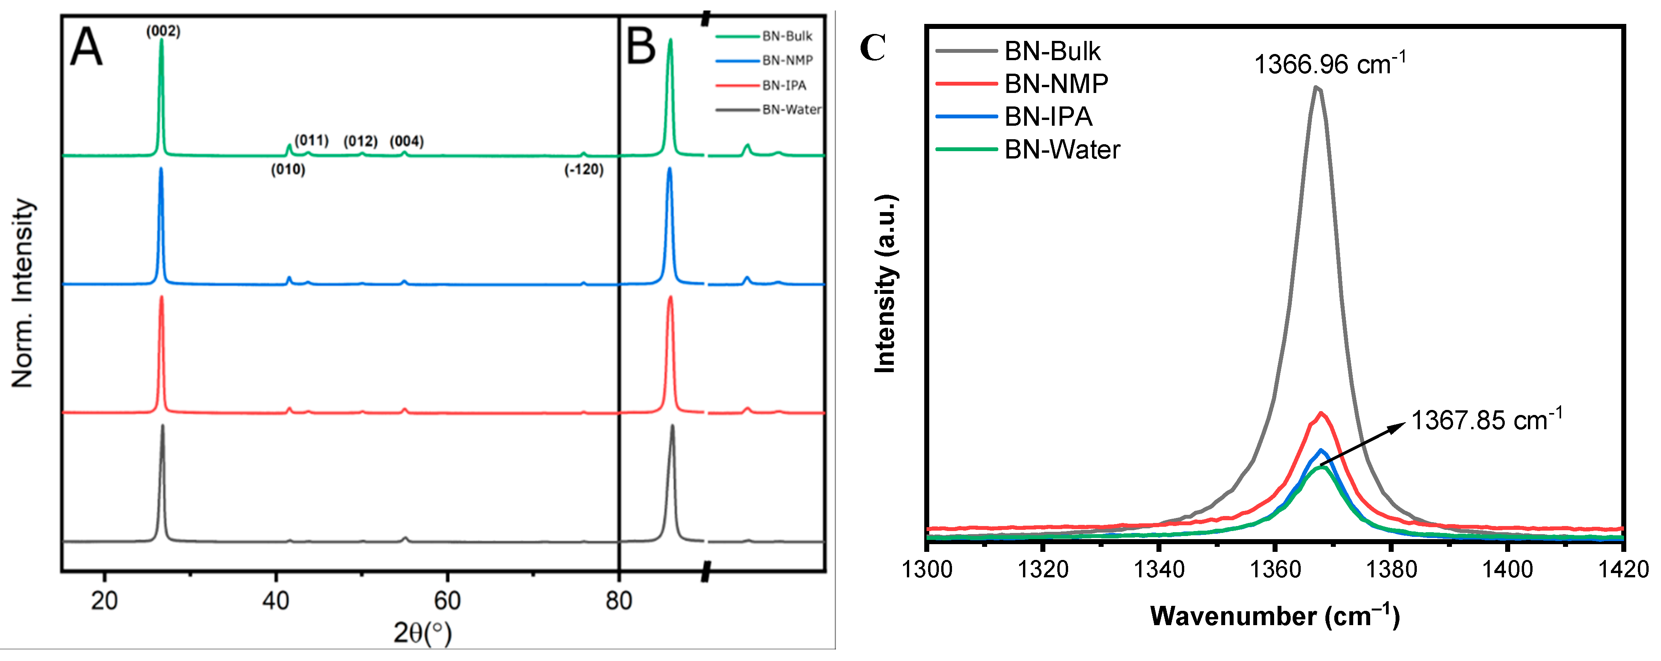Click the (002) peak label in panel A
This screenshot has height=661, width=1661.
(x=163, y=31)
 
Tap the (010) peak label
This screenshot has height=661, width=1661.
(x=288, y=170)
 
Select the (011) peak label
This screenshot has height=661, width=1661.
(x=311, y=141)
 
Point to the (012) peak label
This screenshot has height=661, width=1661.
(x=360, y=141)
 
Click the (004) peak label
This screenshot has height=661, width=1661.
(x=406, y=141)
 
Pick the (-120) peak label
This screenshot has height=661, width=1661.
(x=584, y=170)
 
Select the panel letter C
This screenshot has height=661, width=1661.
(x=873, y=48)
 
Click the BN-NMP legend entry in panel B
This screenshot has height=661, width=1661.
(x=787, y=61)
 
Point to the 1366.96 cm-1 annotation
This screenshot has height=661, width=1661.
(x=1330, y=64)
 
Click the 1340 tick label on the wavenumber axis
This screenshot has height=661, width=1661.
(x=1159, y=570)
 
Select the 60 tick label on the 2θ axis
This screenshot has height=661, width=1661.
(x=447, y=601)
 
